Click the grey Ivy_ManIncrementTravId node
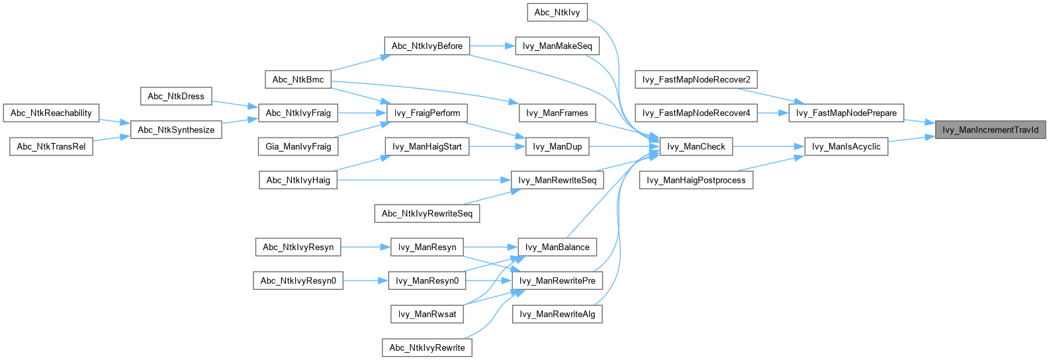tap(990, 130)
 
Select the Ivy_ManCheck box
tap(696, 147)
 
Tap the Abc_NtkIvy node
tap(557, 13)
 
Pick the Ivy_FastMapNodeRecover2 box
tap(696, 80)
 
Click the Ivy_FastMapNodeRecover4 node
tap(696, 113)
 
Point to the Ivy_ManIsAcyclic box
tap(846, 147)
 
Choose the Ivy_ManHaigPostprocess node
tap(696, 181)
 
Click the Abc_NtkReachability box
tap(51, 113)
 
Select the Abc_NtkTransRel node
tap(51, 147)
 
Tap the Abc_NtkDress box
tap(176, 97)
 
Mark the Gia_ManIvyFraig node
tap(298, 147)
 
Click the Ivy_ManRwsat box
tap(427, 314)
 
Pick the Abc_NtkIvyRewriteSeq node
tap(427, 214)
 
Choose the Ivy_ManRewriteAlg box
tap(557, 314)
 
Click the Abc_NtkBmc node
tap(298, 80)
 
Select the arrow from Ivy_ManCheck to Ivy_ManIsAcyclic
tap(768, 147)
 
